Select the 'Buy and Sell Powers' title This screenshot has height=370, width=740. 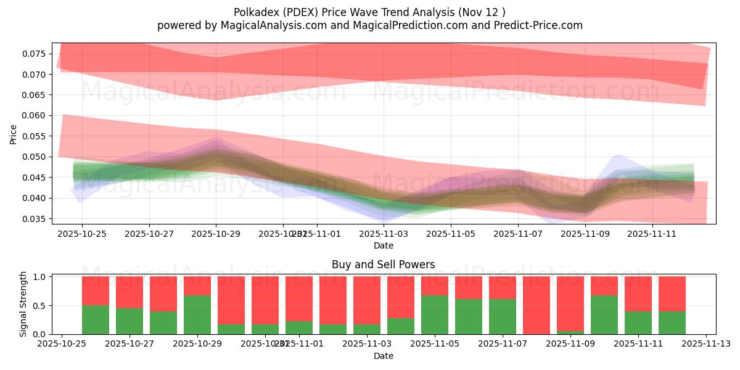(x=383, y=265)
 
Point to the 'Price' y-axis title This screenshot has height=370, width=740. (x=14, y=134)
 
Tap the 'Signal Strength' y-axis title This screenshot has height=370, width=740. (x=23, y=304)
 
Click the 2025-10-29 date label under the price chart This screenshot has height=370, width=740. (x=216, y=234)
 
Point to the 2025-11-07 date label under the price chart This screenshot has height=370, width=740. (x=518, y=234)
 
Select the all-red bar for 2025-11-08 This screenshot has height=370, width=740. (x=536, y=305)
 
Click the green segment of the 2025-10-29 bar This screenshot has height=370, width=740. (x=197, y=315)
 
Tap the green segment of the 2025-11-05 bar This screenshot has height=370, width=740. (x=435, y=315)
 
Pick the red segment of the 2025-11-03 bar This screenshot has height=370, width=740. (x=367, y=300)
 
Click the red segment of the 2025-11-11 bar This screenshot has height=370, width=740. (x=638, y=294)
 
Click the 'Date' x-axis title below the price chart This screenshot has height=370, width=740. (x=383, y=246)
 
